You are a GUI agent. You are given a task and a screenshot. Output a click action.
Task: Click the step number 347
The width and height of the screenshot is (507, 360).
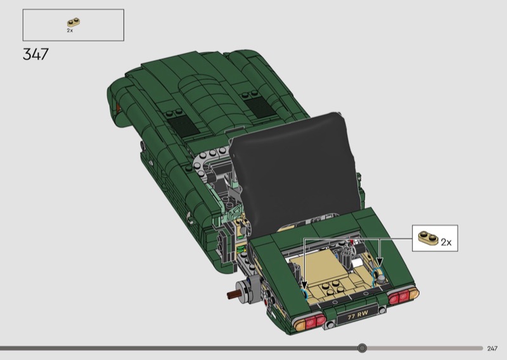pyautogui.click(x=35, y=54)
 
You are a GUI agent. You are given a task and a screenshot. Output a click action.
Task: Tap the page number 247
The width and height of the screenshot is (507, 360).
pyautogui.click(x=492, y=349)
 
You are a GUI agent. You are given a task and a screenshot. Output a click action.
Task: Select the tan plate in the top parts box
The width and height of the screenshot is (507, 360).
pyautogui.click(x=74, y=22)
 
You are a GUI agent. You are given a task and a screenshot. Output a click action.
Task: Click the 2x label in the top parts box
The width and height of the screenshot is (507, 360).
pyautogui.click(x=70, y=30)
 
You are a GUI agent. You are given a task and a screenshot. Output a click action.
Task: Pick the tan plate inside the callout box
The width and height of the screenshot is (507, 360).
pyautogui.click(x=428, y=238)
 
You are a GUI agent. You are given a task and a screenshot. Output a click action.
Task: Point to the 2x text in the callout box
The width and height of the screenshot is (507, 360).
pyautogui.click(x=446, y=242)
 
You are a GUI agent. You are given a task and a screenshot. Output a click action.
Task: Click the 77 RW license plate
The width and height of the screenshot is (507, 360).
pyautogui.click(x=357, y=314)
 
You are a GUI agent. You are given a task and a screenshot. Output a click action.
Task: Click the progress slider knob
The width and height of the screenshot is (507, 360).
pyautogui.click(x=362, y=348)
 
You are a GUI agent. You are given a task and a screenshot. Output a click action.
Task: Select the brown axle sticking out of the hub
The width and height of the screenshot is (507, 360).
pyautogui.click(x=233, y=295)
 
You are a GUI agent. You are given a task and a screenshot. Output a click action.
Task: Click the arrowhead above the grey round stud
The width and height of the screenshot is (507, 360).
pyautogui.click(x=380, y=262)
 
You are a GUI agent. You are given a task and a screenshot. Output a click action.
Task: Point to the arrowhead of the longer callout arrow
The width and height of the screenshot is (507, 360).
pyautogui.click(x=304, y=285)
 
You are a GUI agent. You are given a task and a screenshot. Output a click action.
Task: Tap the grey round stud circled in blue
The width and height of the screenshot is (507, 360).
pyautogui.click(x=382, y=278)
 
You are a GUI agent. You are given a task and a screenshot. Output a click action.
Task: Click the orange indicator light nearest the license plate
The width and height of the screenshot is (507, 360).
pyautogui.click(x=300, y=324)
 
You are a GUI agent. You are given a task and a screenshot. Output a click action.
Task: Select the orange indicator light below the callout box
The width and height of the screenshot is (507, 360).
pyautogui.click(x=414, y=293)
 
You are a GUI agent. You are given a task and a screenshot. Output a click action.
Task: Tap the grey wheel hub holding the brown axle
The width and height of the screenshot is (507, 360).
pyautogui.click(x=248, y=290)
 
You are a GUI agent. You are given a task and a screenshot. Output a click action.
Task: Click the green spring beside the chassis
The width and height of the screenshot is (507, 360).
pyautogui.click(x=241, y=249)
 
